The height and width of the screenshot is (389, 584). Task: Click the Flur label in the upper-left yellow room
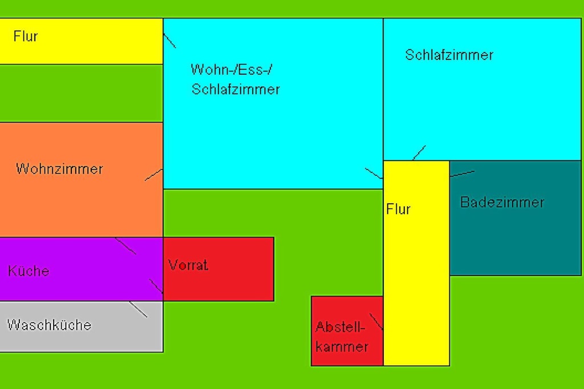(26, 36)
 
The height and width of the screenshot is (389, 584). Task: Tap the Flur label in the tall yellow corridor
(398, 209)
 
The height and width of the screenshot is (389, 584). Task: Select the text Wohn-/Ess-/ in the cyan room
(232, 69)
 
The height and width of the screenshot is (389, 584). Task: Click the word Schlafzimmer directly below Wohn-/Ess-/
(236, 89)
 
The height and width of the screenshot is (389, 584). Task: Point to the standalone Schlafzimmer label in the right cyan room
(449, 55)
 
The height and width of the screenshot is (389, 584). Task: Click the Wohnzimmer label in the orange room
(59, 169)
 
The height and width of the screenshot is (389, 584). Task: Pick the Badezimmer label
(502, 202)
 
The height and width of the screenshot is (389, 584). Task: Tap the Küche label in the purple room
(29, 271)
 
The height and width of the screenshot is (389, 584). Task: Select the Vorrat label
(188, 265)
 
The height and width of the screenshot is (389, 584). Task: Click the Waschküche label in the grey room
(49, 325)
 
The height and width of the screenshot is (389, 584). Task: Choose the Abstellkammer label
(342, 337)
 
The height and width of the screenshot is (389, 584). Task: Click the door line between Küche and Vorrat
(156, 286)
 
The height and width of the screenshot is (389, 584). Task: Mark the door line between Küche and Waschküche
(138, 309)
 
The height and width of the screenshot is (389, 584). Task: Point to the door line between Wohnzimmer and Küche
(125, 246)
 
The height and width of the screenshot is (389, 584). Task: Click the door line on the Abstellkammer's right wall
(376, 322)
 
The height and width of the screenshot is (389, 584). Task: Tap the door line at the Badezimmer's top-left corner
(462, 174)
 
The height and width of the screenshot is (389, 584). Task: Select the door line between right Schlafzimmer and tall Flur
(419, 153)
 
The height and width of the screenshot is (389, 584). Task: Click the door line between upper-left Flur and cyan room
(169, 40)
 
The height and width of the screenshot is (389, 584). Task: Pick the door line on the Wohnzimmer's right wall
(154, 175)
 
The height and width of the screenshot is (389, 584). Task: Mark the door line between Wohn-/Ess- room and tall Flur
(374, 174)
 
